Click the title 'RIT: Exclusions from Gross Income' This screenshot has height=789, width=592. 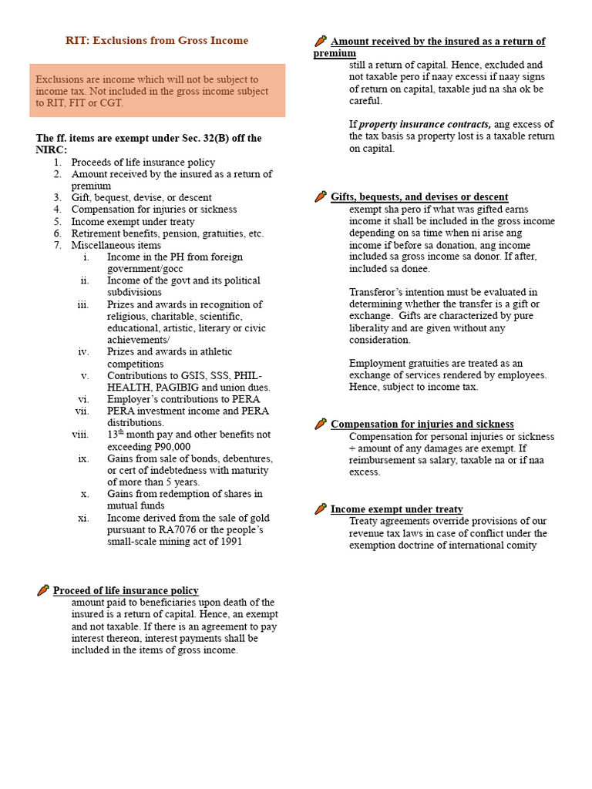coord(156,40)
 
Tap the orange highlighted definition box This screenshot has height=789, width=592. coord(157,91)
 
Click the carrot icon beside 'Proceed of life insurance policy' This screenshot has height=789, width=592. coord(43,590)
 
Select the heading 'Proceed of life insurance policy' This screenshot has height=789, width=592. coord(126,590)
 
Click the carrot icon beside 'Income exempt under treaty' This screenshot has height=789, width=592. coord(321,509)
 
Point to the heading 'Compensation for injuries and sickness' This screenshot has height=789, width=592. coord(422,424)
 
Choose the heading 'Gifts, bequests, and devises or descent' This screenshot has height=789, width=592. coord(419,196)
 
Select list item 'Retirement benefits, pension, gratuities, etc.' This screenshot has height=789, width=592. coord(167,233)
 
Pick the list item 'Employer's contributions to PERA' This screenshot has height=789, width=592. coord(183,398)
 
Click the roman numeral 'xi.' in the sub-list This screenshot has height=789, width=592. coord(84,518)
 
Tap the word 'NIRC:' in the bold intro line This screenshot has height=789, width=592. coord(52,149)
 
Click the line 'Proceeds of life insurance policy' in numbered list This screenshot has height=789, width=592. coord(143,162)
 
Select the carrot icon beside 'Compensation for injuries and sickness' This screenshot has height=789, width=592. coord(321,424)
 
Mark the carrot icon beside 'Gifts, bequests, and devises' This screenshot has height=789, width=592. coord(321,196)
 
